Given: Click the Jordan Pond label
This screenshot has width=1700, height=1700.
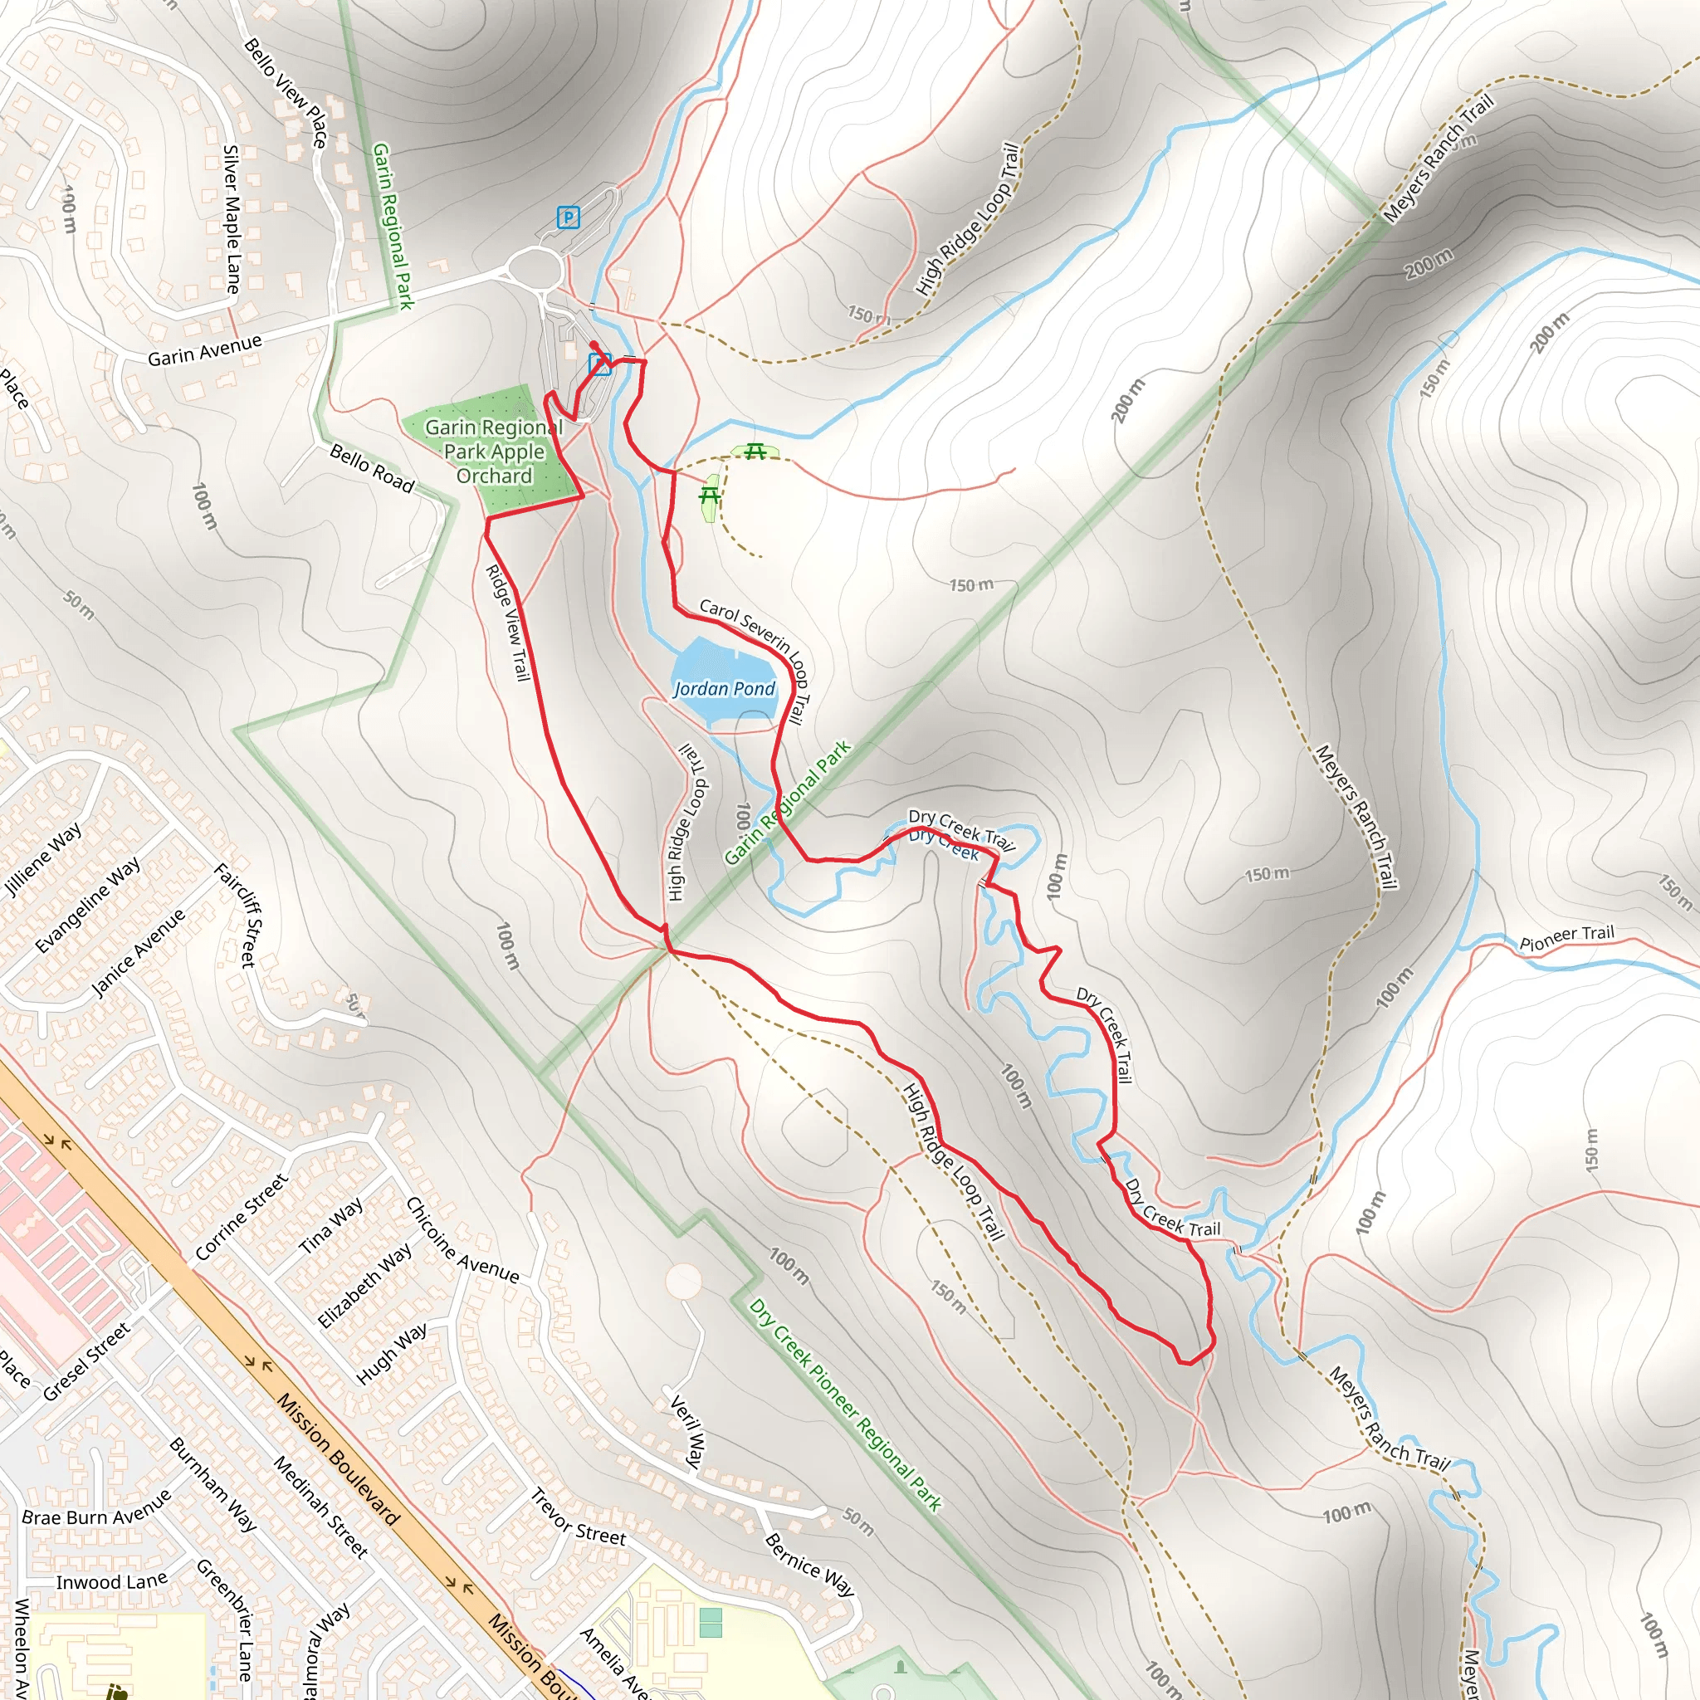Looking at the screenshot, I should coord(724,689).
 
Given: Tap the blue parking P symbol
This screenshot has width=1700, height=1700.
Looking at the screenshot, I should coord(569,217).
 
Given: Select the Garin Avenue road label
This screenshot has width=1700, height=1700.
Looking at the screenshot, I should coord(204,350).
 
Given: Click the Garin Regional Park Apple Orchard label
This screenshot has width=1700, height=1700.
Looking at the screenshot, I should coord(494,452).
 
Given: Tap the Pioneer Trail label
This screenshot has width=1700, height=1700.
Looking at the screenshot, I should coord(1567,937).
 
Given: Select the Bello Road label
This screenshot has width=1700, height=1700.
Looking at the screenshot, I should coord(371,468).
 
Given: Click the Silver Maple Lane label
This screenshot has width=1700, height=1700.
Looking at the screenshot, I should coord(232,219).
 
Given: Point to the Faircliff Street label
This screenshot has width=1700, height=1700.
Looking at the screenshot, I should coord(236,915).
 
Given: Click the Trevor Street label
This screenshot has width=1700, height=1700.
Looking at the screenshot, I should coord(577,1517).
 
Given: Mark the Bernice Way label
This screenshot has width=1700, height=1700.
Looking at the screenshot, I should coord(808,1565).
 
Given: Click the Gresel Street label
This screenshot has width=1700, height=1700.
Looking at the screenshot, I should coord(86,1361).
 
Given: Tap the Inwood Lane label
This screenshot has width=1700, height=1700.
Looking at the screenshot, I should coord(112,1582).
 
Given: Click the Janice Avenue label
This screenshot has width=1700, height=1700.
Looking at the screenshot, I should coord(138,953).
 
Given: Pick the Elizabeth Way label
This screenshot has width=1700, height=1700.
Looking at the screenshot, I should coord(364,1285).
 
